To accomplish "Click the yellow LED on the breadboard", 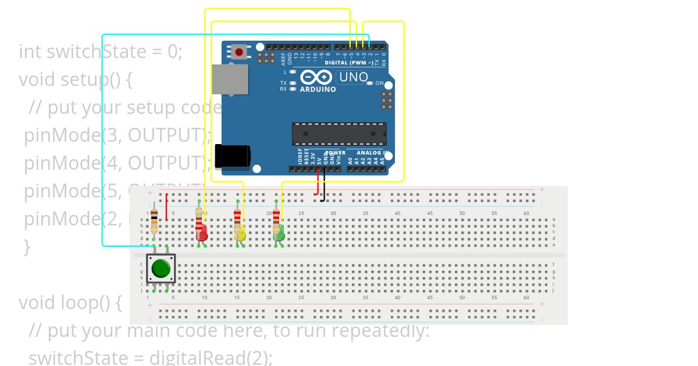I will [x=240, y=234].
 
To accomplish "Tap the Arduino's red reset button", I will [x=238, y=52].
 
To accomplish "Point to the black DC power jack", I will [x=233, y=156].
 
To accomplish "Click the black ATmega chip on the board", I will [x=339, y=134].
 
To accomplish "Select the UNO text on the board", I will [x=353, y=77].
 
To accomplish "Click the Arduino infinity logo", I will [x=316, y=77].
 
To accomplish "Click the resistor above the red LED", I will [x=199, y=220].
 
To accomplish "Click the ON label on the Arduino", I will [x=380, y=84].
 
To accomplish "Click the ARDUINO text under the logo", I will [x=318, y=89].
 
